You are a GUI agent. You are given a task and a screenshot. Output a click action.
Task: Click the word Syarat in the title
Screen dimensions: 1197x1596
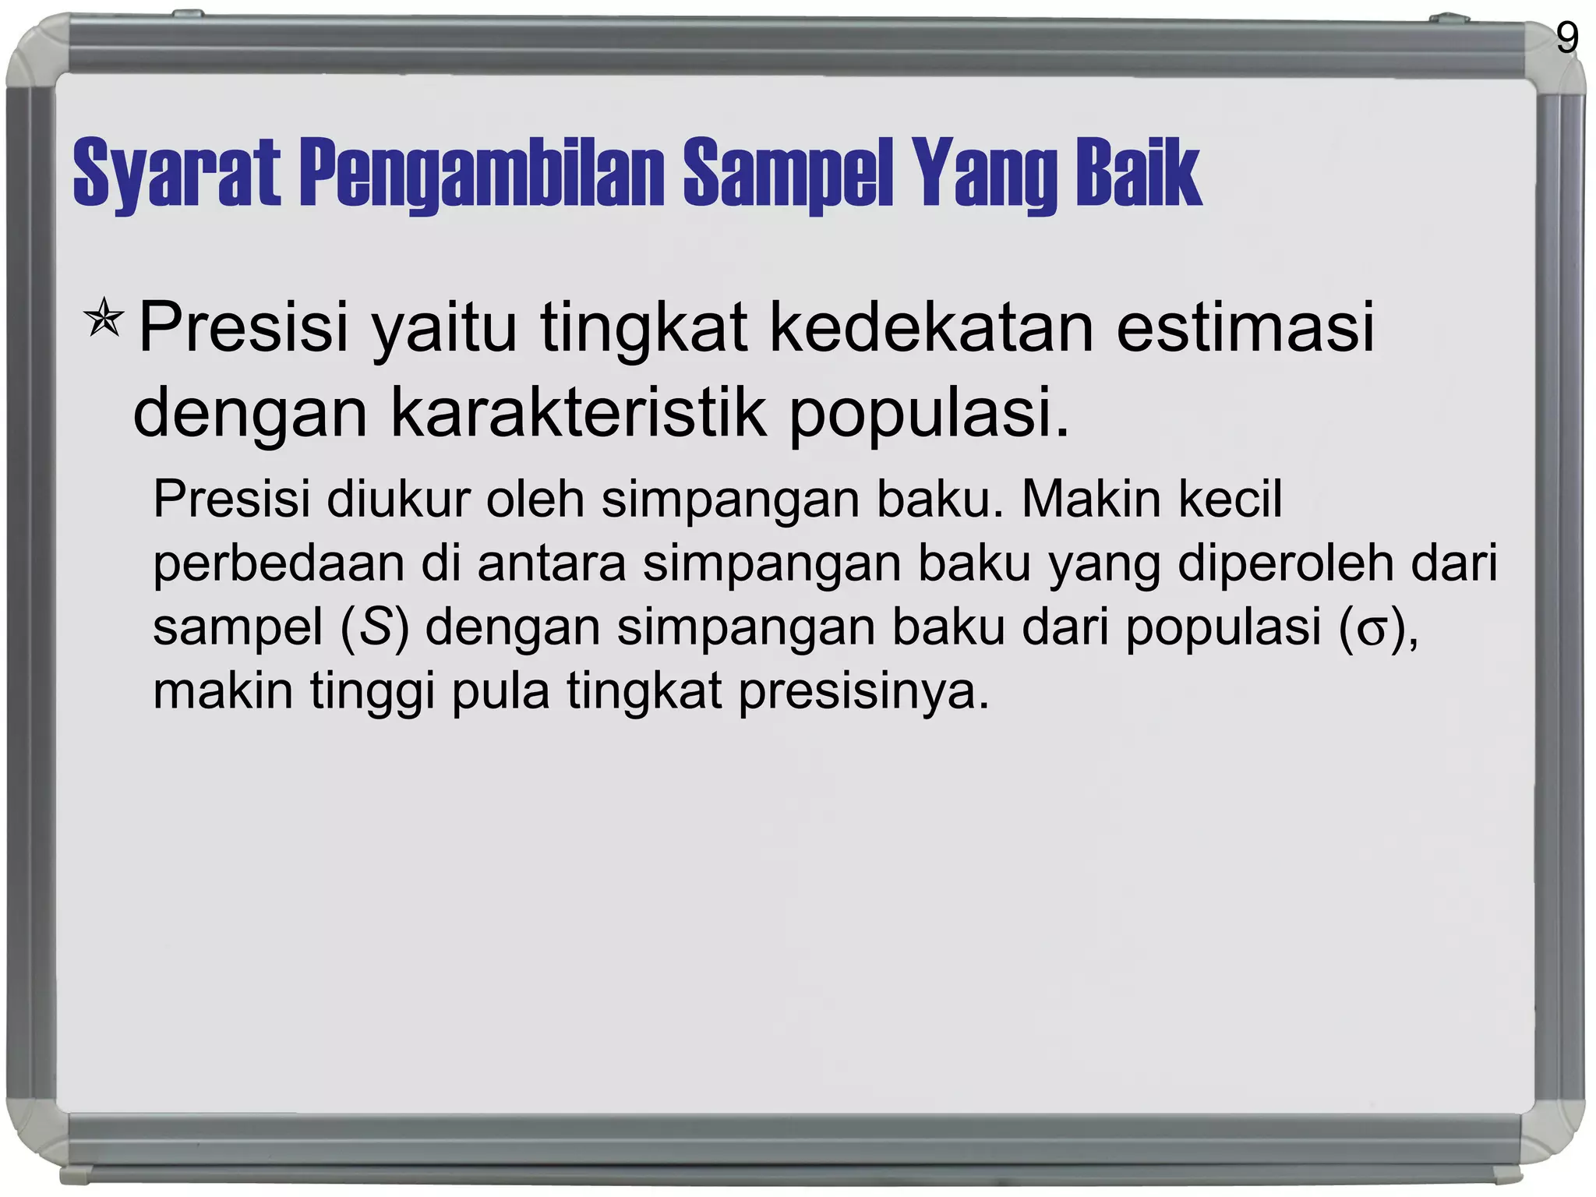click(x=176, y=173)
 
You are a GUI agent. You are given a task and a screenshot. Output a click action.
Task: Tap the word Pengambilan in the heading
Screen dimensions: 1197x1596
click(x=482, y=173)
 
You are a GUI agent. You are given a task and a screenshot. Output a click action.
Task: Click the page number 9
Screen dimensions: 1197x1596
click(x=1567, y=38)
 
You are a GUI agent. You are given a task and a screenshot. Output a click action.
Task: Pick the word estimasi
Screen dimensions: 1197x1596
click(x=1245, y=327)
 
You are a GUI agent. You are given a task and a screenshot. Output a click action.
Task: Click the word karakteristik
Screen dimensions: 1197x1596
click(x=578, y=413)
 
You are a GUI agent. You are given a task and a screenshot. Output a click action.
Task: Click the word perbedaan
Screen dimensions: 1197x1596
click(x=279, y=564)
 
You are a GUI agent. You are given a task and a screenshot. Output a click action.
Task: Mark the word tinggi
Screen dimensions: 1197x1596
click(x=373, y=692)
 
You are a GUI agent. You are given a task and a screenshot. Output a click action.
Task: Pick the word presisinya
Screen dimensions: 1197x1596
click(x=863, y=692)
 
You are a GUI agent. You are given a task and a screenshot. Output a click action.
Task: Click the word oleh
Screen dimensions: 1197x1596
click(x=535, y=499)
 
